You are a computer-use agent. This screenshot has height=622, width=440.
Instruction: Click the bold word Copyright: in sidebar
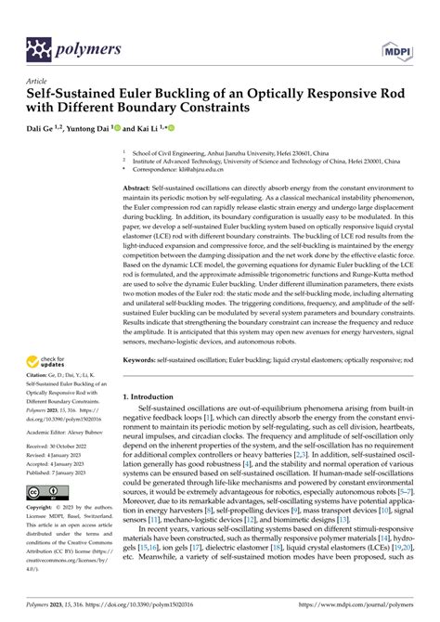point(45,537)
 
